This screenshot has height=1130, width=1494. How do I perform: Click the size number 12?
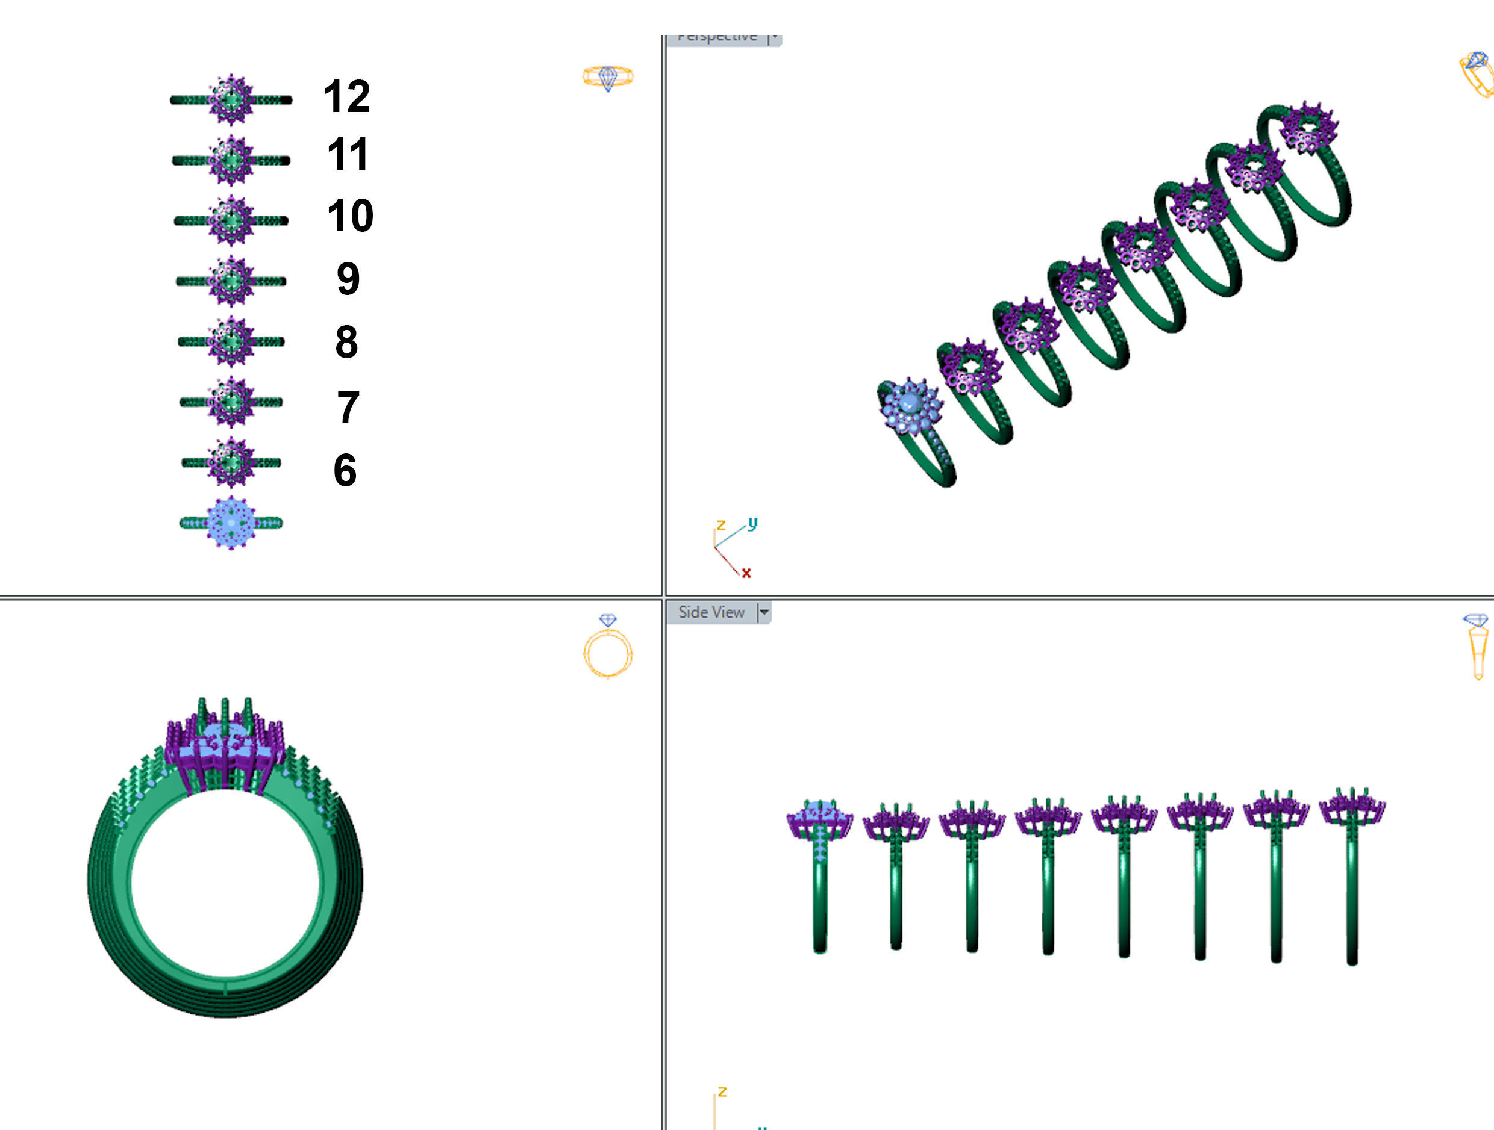pyautogui.click(x=346, y=96)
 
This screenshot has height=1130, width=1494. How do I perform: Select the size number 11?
pyautogui.click(x=347, y=155)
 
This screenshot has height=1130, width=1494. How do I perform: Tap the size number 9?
pyautogui.click(x=348, y=278)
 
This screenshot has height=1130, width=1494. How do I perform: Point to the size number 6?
pyautogui.click(x=345, y=470)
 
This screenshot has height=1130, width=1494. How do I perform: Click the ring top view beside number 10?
pyautogui.click(x=231, y=221)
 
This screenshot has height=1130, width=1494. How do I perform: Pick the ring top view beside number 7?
pyautogui.click(x=231, y=402)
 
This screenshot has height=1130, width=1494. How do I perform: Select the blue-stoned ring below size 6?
pyautogui.click(x=231, y=523)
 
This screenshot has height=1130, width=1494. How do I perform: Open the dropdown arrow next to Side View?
pyautogui.click(x=764, y=613)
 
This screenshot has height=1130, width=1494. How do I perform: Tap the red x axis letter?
pyautogui.click(x=746, y=573)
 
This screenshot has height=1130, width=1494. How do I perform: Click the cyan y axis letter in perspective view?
pyautogui.click(x=753, y=523)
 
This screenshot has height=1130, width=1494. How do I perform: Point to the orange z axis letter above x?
pyautogui.click(x=721, y=525)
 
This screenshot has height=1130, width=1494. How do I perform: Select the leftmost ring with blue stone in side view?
pyautogui.click(x=819, y=871)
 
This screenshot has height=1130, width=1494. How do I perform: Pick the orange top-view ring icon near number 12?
pyautogui.click(x=608, y=77)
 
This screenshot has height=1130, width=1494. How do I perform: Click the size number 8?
pyautogui.click(x=346, y=341)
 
